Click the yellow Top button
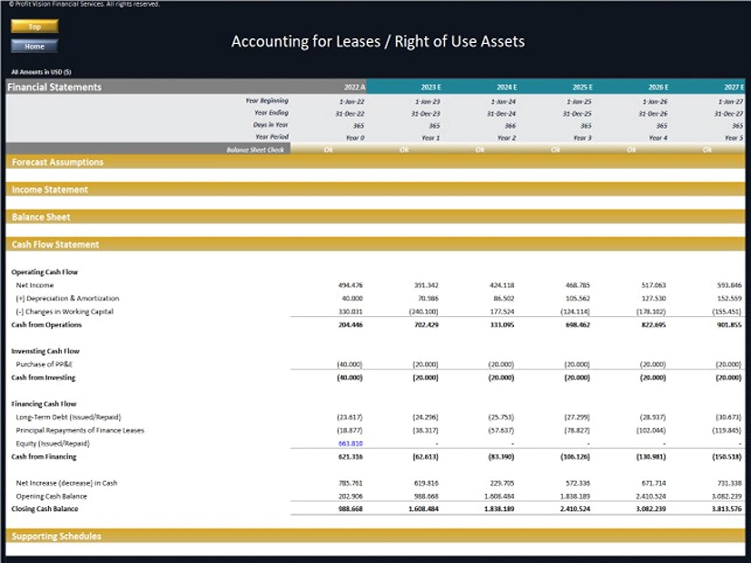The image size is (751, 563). point(35,27)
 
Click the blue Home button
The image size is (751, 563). point(35,46)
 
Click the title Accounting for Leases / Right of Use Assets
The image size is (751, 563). point(378,41)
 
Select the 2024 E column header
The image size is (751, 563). point(507,87)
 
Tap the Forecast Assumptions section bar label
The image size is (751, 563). point(57,162)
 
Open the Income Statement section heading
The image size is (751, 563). point(50,190)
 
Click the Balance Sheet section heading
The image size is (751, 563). point(41,217)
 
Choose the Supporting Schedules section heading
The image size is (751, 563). point(56,536)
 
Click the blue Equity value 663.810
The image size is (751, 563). point(350,443)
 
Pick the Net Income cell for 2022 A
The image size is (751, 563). point(350,285)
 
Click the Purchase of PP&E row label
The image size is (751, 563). point(44,364)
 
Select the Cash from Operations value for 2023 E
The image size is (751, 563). point(426,325)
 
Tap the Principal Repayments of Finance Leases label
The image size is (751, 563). point(80,430)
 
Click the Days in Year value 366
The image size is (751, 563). point(510,126)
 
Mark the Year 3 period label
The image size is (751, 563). point(582,138)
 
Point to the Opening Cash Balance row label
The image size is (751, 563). point(51,496)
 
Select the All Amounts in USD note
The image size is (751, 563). point(41,72)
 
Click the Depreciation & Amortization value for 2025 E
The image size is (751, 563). point(578,298)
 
